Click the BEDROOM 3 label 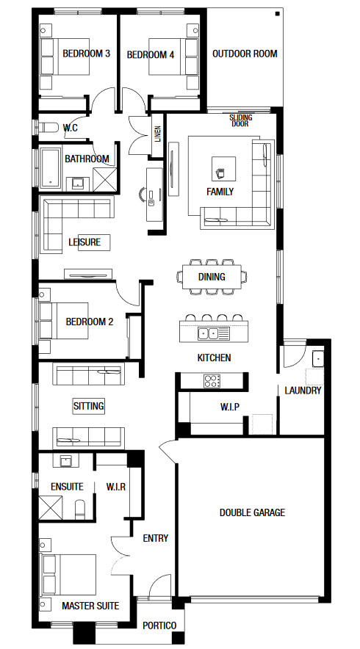click(86, 54)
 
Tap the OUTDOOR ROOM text click(245, 54)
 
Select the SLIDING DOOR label click(241, 120)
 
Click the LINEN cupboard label click(158, 134)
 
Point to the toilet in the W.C click(49, 127)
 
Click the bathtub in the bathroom click(50, 168)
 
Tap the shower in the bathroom click(104, 180)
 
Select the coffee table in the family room click(223, 169)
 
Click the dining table click(212, 277)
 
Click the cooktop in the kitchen click(212, 381)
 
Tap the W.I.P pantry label click(229, 407)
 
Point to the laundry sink click(317, 358)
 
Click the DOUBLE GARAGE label click(252, 512)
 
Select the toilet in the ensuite click(80, 509)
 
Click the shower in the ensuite click(50, 507)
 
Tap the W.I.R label click(116, 487)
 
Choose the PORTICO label click(159, 626)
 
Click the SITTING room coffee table click(89, 406)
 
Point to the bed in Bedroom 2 click(63, 321)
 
